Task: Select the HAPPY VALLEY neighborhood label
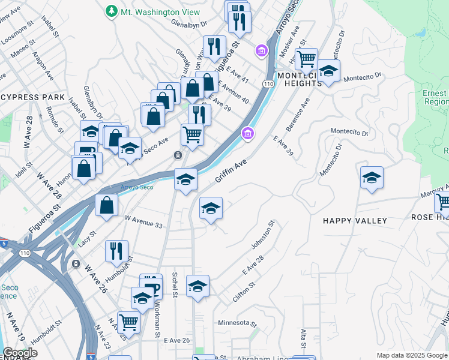(x=355, y=221)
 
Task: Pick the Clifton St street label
(x=244, y=292)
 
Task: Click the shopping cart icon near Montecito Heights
(x=307, y=59)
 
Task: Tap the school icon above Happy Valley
(x=372, y=178)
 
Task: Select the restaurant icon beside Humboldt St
(x=116, y=251)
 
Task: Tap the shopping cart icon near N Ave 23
(x=128, y=322)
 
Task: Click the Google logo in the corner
(x=19, y=353)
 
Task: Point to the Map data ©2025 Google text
(x=411, y=355)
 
